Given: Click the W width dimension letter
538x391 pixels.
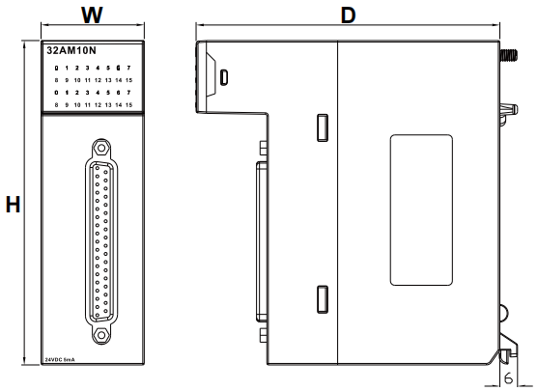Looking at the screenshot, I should (x=92, y=15).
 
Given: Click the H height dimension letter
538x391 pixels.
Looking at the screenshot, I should (x=13, y=205).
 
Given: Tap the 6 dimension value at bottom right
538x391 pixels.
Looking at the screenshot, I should (x=507, y=379).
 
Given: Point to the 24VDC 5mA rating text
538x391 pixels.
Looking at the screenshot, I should (x=63, y=359).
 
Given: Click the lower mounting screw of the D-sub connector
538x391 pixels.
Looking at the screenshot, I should (x=100, y=334).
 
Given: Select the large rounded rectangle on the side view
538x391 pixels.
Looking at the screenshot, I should (x=421, y=209).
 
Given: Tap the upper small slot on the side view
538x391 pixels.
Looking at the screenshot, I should (x=323, y=126).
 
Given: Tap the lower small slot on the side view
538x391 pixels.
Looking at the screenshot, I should (x=323, y=298).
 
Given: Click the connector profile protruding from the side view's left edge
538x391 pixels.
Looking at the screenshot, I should (x=259, y=241).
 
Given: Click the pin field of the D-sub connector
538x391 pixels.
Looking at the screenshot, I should (x=100, y=242).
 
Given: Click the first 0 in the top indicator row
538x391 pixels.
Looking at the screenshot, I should (x=57, y=67).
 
